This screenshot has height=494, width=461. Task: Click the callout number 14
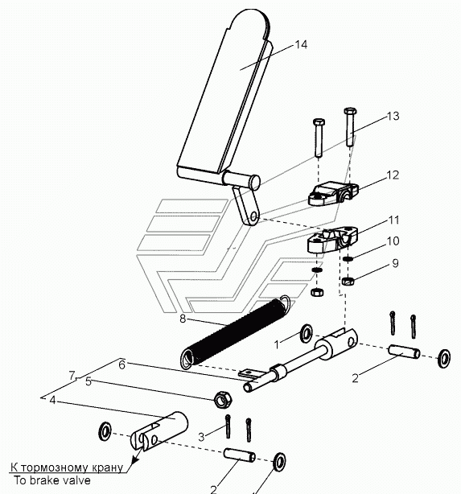point(301,44)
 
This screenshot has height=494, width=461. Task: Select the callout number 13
point(393,116)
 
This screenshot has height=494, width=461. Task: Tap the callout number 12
point(393,175)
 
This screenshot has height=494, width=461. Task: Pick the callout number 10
point(393,241)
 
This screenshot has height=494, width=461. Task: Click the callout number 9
point(395,263)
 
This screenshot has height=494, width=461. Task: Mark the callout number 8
point(183,319)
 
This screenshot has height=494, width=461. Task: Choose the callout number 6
point(122,364)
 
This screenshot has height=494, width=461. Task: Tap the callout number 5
point(88,381)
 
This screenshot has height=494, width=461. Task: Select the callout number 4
point(52,400)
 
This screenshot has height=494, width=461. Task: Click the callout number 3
point(201,437)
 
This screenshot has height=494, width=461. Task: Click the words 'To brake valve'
point(52,480)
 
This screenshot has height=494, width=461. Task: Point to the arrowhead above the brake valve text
point(135,459)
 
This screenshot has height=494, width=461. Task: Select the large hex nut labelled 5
point(223,400)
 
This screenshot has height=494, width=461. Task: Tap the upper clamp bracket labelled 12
point(333,192)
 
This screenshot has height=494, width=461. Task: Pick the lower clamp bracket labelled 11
point(332,240)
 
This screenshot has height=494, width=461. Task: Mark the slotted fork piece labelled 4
point(159,431)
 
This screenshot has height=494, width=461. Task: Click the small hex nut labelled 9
point(348,281)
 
